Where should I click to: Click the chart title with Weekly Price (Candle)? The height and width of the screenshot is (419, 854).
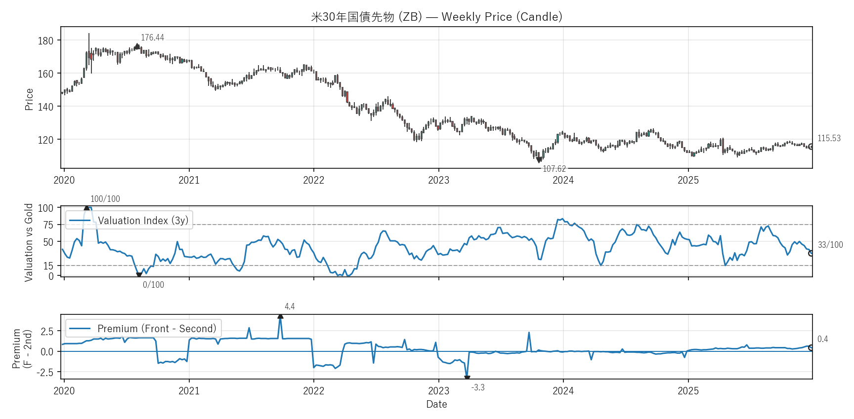click(x=436, y=17)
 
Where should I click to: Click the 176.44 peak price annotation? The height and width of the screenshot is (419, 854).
click(x=152, y=38)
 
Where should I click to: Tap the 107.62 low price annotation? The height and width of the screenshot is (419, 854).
click(x=554, y=169)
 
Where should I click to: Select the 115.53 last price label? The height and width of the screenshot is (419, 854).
click(x=829, y=138)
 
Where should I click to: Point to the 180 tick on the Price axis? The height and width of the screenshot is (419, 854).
click(x=45, y=41)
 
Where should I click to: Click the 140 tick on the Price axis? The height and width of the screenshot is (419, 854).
click(x=45, y=107)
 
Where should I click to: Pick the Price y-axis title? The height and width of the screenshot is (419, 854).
click(x=29, y=99)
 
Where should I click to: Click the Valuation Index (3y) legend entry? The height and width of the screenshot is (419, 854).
click(x=143, y=221)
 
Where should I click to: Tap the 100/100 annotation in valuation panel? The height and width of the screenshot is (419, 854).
click(x=105, y=199)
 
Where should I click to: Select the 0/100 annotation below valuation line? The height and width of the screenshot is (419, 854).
click(x=153, y=285)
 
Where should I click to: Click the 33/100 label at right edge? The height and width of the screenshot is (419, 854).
click(x=830, y=245)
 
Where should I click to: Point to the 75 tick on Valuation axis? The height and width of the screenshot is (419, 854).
click(x=48, y=225)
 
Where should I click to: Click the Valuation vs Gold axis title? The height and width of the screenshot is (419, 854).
click(x=29, y=242)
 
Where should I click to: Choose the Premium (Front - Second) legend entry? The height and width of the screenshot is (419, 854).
click(x=156, y=329)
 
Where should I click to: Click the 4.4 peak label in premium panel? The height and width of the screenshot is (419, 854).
click(x=290, y=306)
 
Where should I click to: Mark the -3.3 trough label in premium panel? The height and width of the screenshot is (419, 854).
click(x=477, y=387)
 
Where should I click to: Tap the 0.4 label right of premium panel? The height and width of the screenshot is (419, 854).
click(x=822, y=339)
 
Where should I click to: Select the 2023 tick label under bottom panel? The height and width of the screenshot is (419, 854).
click(x=438, y=391)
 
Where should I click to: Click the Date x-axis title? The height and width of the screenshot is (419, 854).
click(x=436, y=404)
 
